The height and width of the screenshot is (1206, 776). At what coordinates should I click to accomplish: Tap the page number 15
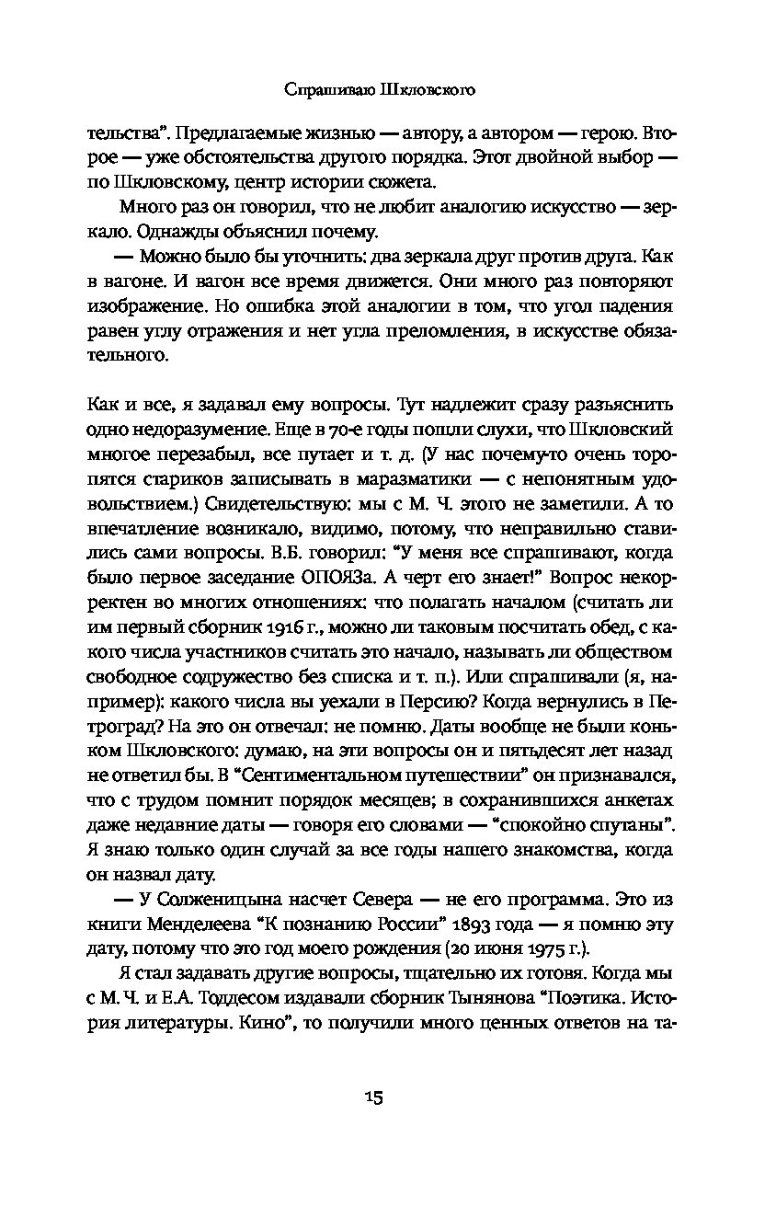(x=372, y=1097)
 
